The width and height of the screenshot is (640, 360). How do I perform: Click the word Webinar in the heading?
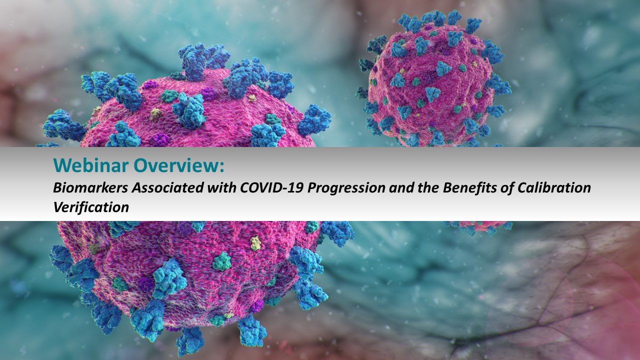pos(90,165)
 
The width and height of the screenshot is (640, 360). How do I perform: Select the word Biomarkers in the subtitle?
pos(90,187)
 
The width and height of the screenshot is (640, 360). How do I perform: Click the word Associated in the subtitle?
pos(167,187)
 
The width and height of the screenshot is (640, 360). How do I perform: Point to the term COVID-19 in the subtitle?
pos(271,187)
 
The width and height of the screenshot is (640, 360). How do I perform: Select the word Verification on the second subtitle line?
pos(91,207)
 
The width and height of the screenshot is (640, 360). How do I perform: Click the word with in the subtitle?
pos(221,187)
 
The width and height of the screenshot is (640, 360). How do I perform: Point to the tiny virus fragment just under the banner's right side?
pos(477,227)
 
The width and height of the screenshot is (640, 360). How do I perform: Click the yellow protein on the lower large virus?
pos(255,243)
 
